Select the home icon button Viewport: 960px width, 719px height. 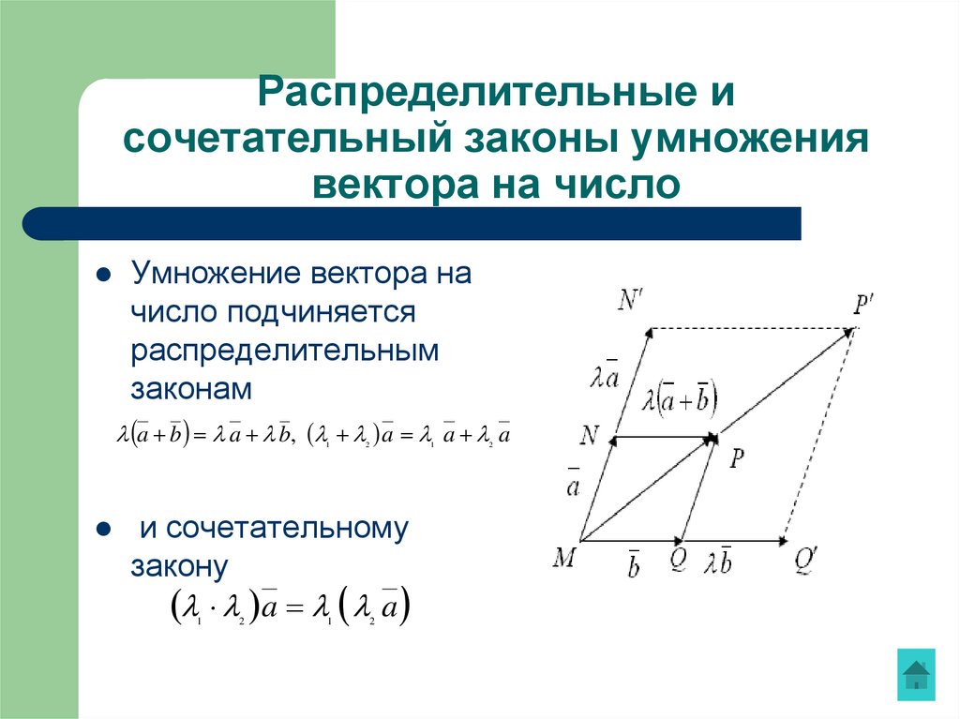916,673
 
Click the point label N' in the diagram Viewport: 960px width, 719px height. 631,300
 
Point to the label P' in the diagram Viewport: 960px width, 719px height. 863,305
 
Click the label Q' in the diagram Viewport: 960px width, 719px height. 807,561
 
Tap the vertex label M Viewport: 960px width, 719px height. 564,559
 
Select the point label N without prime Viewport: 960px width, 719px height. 590,434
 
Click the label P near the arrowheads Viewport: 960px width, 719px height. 737,457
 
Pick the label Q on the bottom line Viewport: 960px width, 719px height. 679,561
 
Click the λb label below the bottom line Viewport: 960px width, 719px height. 720,562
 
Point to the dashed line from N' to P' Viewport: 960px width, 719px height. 750,329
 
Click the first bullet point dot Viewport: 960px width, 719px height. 105,277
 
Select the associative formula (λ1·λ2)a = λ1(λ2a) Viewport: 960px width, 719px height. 290,608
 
